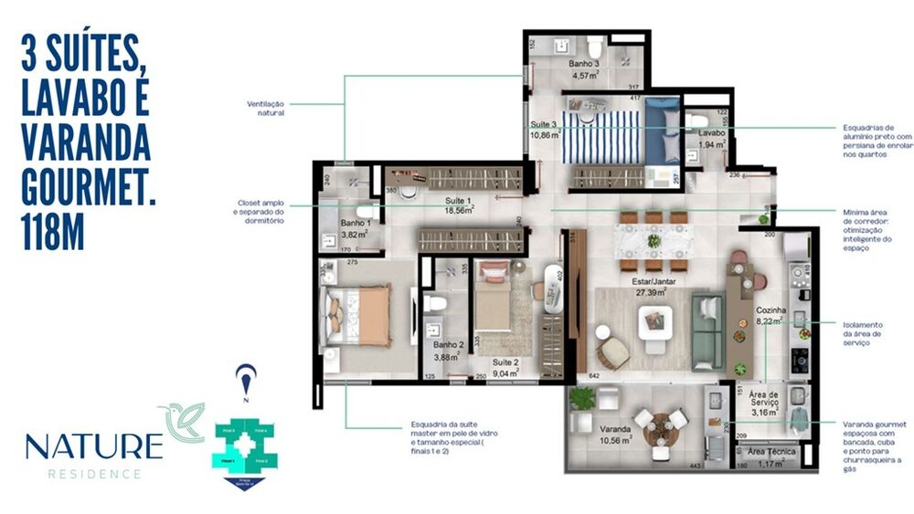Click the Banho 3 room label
(x=583, y=64)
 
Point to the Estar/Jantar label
(x=654, y=282)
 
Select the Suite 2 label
(x=505, y=362)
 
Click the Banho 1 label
(x=356, y=223)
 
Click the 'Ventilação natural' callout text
(x=265, y=109)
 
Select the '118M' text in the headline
(x=53, y=230)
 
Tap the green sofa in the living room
(x=707, y=329)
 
